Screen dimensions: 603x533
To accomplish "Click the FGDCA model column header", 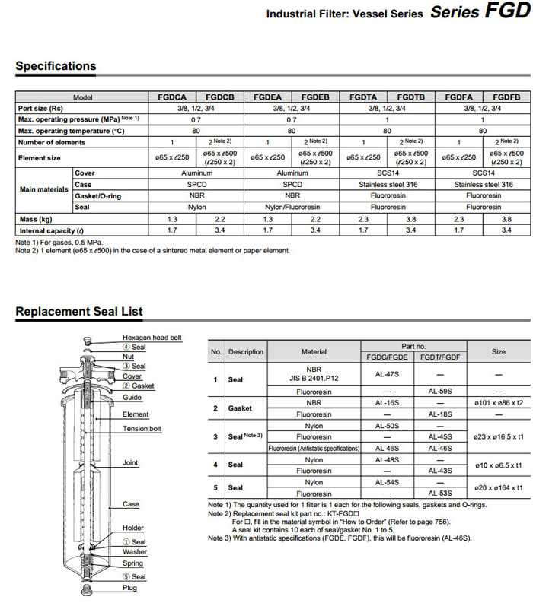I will point(172,97).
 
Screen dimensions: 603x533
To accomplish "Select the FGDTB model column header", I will point(411,97).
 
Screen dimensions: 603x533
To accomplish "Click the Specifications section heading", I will point(56,66).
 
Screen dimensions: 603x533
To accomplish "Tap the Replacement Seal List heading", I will point(79,311).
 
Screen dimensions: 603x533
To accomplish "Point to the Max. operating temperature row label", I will point(70,131).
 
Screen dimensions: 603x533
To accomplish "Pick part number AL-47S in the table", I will point(388,374).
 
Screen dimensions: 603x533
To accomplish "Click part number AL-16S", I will point(388,402).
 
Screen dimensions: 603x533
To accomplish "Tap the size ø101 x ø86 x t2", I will point(499,402).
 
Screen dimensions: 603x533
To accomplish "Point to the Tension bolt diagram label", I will point(142,429).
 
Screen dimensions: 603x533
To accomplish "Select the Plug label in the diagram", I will point(130,588).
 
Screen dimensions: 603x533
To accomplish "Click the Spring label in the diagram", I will point(133,563).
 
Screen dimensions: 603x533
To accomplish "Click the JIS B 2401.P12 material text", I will point(314,378).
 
